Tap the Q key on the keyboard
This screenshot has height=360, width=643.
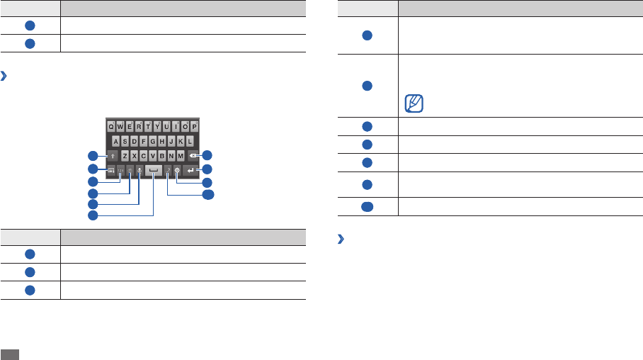pyautogui.click(x=112, y=126)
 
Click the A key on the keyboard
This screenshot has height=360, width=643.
pyautogui.click(x=117, y=140)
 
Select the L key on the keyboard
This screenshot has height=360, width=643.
pyautogui.click(x=190, y=140)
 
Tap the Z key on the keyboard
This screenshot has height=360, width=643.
pyautogui.click(x=125, y=155)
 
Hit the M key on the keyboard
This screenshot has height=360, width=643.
pyautogui.click(x=181, y=155)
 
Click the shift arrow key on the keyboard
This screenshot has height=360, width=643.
pyautogui.click(x=112, y=155)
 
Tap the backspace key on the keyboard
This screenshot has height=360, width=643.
pyautogui.click(x=193, y=155)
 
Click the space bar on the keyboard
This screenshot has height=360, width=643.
pyautogui.click(x=154, y=170)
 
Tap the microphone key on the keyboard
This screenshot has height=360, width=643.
pyautogui.click(x=140, y=170)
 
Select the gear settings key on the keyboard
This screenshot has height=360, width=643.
pyautogui.click(x=176, y=170)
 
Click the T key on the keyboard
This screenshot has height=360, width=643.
pyautogui.click(x=148, y=126)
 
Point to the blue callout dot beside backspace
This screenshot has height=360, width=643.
pyautogui.click(x=207, y=156)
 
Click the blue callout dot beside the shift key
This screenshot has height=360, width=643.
pyautogui.click(x=92, y=156)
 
